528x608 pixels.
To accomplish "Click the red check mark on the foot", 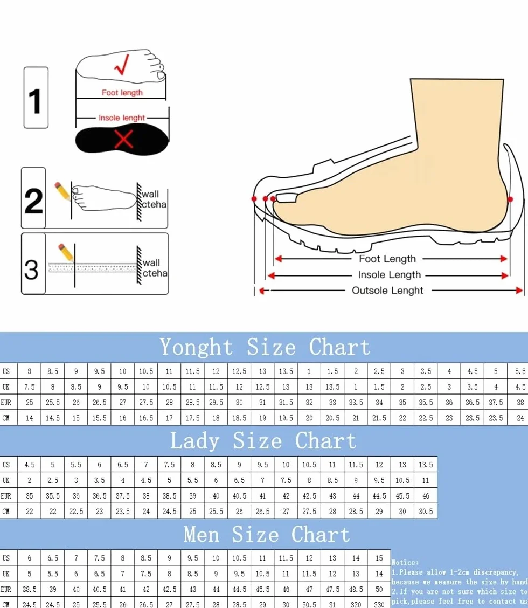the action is [122, 65].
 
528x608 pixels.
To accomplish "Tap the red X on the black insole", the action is [124, 139].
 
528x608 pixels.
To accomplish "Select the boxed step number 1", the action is [36, 98].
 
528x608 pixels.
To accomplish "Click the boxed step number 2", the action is [33, 198].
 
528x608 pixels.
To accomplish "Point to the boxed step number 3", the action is [33, 264].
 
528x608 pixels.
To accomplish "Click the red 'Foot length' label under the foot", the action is [122, 93].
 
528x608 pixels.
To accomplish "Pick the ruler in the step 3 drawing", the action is [92, 267].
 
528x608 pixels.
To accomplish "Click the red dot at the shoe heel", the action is [510, 199].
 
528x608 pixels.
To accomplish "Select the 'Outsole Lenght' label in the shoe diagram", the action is [387, 291].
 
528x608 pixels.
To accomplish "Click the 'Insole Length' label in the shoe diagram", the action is [389, 274].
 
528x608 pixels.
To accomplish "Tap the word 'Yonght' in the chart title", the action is [196, 347].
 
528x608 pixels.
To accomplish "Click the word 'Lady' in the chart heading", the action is [194, 441].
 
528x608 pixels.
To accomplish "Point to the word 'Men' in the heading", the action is [202, 534].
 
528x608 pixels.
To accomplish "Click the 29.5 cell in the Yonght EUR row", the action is [216, 403].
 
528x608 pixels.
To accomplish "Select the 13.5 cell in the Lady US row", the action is [426, 465].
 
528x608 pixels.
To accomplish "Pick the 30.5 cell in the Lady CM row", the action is [426, 512].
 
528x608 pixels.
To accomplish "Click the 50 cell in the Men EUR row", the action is [379, 589].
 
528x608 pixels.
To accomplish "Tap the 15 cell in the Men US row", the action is [379, 558].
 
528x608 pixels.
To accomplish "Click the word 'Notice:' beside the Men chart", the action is [405, 562].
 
